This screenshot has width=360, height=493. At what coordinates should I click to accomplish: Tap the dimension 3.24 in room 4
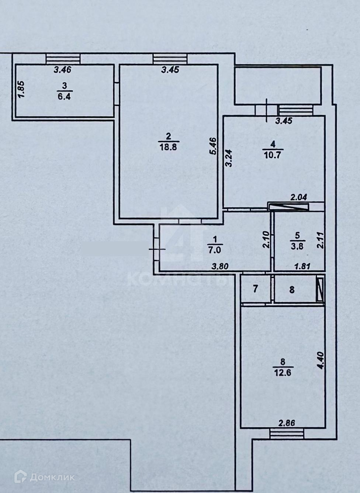point(229,158)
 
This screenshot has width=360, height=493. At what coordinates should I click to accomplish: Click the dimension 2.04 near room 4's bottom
point(299,198)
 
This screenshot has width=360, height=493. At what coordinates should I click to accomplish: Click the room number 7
point(256,289)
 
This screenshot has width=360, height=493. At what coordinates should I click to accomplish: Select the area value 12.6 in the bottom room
point(283,373)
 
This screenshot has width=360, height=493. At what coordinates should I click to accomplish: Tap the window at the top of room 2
point(170,58)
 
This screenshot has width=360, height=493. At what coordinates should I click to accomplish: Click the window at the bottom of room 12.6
point(287,434)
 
